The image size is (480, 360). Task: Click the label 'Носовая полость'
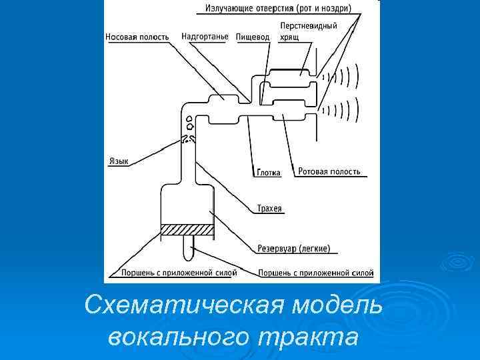pyautogui.click(x=137, y=37)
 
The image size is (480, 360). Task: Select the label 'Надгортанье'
pyautogui.click(x=205, y=37)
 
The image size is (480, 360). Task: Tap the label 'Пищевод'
pyautogui.click(x=253, y=37)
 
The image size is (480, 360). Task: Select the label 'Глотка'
pyautogui.click(x=268, y=172)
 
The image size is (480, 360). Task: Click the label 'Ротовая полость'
pyautogui.click(x=329, y=171)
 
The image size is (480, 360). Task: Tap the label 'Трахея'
pyautogui.click(x=269, y=209)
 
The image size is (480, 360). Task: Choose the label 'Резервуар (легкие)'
pyautogui.click(x=293, y=249)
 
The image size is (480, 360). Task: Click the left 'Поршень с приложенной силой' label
pyautogui.click(x=177, y=273)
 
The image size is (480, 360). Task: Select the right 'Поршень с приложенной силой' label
pyautogui.click(x=315, y=273)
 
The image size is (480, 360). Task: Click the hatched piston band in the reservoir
pyautogui.click(x=187, y=229)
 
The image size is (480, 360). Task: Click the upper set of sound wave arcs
pyautogui.click(x=343, y=77)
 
